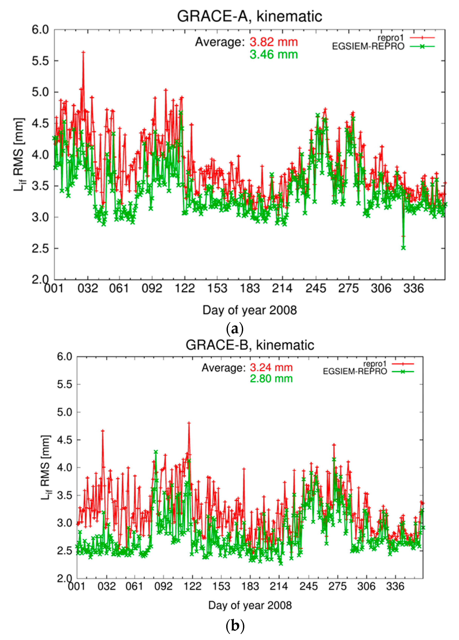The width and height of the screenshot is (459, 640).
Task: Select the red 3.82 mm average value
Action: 274,42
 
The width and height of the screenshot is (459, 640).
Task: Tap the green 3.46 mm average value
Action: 274,54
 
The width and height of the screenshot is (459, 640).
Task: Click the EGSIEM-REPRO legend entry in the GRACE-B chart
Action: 355,371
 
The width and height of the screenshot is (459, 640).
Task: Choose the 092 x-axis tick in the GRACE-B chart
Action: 163,586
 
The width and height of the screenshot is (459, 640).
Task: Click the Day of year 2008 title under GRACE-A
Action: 250,310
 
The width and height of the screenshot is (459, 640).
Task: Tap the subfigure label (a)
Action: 235,329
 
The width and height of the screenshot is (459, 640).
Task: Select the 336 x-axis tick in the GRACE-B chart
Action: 395,586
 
